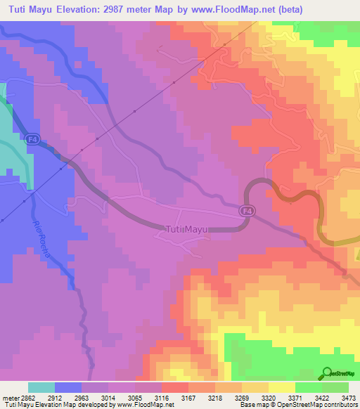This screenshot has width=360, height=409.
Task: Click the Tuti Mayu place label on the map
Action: pos(187,228)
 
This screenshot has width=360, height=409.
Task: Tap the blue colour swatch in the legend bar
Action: pos(68,387)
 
